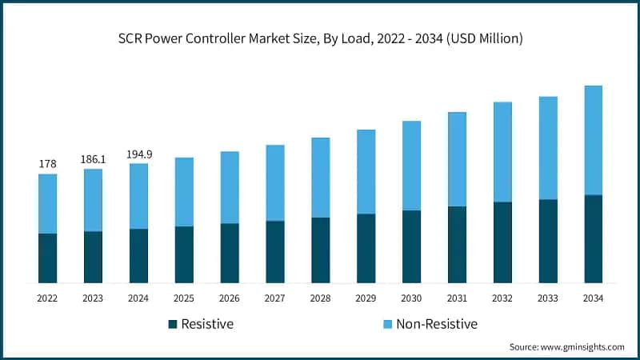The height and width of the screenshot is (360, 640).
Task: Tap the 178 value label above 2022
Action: [x=47, y=164]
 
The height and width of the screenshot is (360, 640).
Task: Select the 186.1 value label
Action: [x=93, y=159]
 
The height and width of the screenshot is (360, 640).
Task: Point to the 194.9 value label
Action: [x=138, y=154]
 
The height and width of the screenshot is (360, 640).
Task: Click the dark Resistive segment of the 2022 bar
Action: [x=47, y=258]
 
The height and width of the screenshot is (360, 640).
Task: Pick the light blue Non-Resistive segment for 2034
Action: [x=593, y=140]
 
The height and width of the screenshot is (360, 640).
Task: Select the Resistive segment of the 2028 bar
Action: [x=320, y=250]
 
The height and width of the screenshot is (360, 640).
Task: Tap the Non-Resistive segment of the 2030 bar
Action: [x=411, y=166]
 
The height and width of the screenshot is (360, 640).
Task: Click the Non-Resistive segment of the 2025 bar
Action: [x=184, y=192]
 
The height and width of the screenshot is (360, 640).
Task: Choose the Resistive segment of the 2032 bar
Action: [x=502, y=242]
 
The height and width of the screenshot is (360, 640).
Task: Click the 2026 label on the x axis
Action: [x=230, y=298]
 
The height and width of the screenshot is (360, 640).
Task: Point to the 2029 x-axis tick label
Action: [x=366, y=298]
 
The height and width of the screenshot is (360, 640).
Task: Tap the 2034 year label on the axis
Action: [x=593, y=298]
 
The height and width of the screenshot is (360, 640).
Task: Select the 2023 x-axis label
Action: [x=93, y=298]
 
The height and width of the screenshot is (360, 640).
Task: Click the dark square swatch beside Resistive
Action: [x=172, y=324]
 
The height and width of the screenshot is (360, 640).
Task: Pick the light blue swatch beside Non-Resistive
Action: [x=389, y=324]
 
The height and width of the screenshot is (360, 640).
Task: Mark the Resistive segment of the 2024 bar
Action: [x=138, y=255]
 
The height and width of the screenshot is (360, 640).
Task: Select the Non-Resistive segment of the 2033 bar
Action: [x=548, y=148]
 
